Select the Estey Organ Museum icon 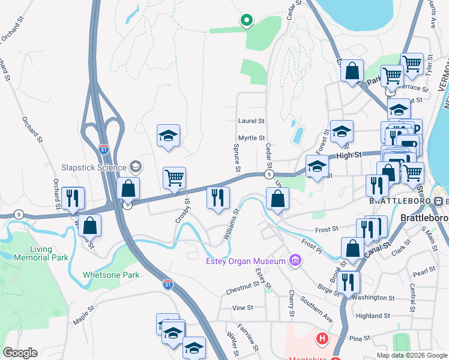click(295, 260)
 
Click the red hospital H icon click(322, 339)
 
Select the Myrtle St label click(251, 138)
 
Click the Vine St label click(243, 307)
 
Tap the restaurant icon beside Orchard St click(73, 198)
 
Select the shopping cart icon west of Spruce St click(174, 178)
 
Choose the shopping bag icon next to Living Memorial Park click(89, 226)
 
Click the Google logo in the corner click(20, 353)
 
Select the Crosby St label click(184, 211)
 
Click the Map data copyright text click(411, 355)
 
